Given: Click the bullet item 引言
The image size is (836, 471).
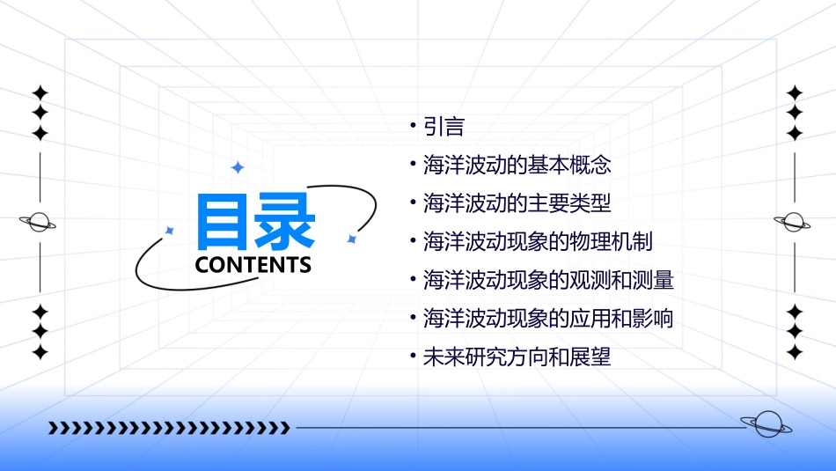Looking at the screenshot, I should tap(444, 127).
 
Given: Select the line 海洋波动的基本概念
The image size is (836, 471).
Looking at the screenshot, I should tap(517, 165).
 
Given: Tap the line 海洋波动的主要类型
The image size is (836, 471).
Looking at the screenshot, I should tap(517, 203).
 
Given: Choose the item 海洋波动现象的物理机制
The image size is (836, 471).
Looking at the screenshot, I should tap(538, 241).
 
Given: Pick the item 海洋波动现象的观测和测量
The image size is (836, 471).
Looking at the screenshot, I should tap(548, 280).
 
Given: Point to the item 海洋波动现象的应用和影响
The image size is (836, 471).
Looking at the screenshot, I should tap(548, 318).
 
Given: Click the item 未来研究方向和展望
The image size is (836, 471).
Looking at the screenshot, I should tap(517, 357).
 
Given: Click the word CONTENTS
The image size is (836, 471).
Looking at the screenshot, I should tap(253, 264).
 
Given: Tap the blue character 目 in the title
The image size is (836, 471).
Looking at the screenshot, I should tap(224, 221).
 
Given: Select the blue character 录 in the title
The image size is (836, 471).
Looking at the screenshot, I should tap(285, 221).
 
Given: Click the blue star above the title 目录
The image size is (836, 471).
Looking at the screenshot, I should tap(237, 167).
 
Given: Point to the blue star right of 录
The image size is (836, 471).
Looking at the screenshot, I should tap(351, 239).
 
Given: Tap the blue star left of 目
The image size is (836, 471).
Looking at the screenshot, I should tap(170, 231).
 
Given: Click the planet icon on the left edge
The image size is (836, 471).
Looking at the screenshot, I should tap(40, 222).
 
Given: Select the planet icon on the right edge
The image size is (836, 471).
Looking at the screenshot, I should tap(795, 222).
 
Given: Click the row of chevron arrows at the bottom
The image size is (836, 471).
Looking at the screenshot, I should tap(169, 428).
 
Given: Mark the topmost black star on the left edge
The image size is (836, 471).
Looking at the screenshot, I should tap(40, 92).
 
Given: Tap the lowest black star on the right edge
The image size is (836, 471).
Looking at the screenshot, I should tap(795, 352).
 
